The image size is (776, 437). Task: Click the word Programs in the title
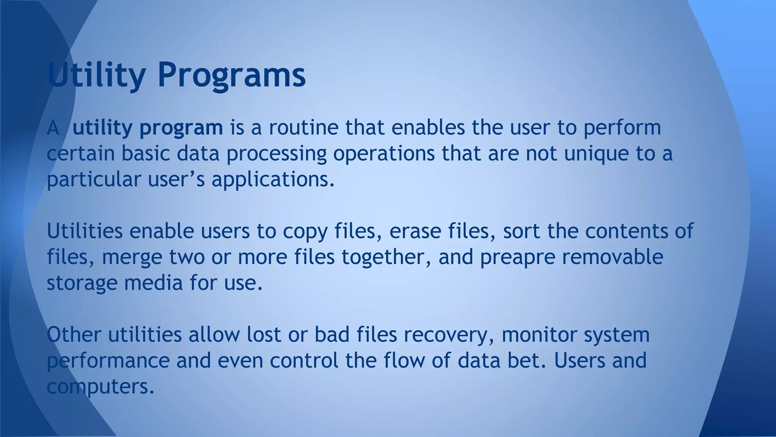coord(231,75)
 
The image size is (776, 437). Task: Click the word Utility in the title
coord(96,75)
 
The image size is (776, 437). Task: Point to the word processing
coord(277,154)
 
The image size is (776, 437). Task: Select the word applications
coord(273,180)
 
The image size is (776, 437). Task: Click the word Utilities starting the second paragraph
coord(85,231)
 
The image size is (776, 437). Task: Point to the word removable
coord(612,257)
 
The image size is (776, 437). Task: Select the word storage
coord(82,283)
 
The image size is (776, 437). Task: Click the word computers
coord(100,387)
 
